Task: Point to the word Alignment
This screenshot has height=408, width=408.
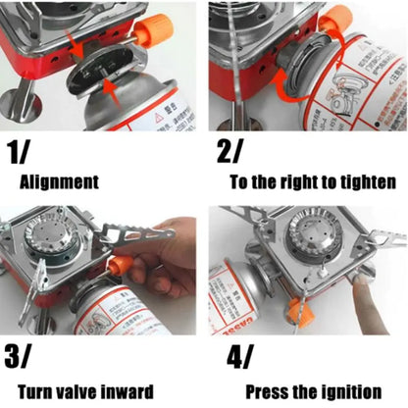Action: click(59, 181)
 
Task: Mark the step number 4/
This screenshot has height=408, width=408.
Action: click(235, 355)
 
